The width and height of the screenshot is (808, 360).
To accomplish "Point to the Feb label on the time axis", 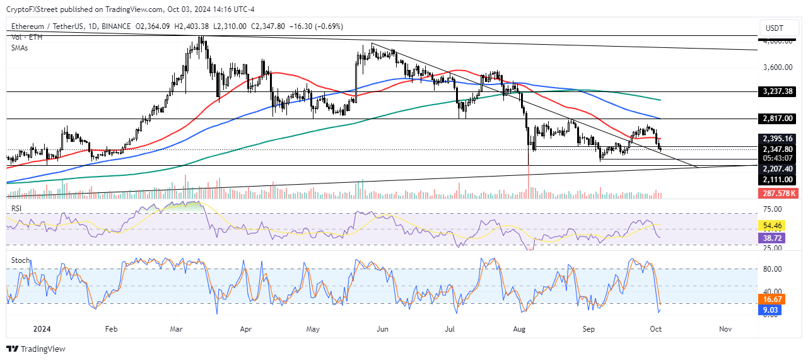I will tap(111, 328).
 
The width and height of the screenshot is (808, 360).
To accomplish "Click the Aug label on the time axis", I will tap(520, 328).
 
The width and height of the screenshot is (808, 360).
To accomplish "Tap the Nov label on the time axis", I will tap(725, 328).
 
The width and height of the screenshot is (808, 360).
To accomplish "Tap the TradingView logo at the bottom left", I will tap(36, 349).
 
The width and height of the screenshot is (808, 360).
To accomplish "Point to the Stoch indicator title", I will tap(21, 260).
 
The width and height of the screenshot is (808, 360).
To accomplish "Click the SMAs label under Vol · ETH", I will tap(21, 47).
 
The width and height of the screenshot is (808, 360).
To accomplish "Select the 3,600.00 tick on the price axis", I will tap(777, 67).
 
